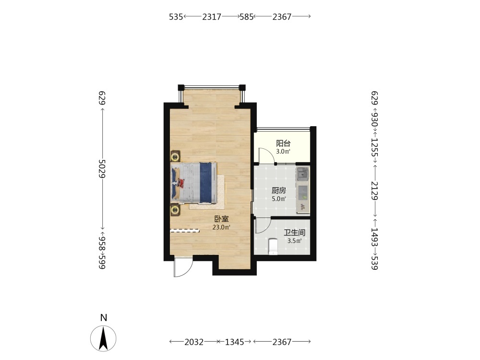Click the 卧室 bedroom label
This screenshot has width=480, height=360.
[221, 219]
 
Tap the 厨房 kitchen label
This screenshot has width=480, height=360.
[279, 191]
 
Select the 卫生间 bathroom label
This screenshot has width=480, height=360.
[295, 233]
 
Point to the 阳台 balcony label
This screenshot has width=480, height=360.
[283, 143]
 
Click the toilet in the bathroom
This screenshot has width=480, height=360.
[273, 247]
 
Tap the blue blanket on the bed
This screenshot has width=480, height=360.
[206, 182]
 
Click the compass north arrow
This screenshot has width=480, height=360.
[104, 338]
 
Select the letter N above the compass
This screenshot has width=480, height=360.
[104, 318]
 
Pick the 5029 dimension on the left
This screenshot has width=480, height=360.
[102, 168]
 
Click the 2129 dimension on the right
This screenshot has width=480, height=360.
[374, 191]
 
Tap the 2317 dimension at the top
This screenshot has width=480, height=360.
[212, 16]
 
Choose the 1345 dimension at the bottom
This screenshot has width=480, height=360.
[235, 342]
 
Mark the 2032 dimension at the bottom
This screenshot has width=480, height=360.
[194, 342]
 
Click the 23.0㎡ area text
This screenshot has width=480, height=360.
[221, 227]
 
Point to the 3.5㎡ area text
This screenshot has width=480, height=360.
[295, 240]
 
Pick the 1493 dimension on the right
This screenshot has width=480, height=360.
[374, 237]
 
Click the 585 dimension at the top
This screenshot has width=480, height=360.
[246, 16]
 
